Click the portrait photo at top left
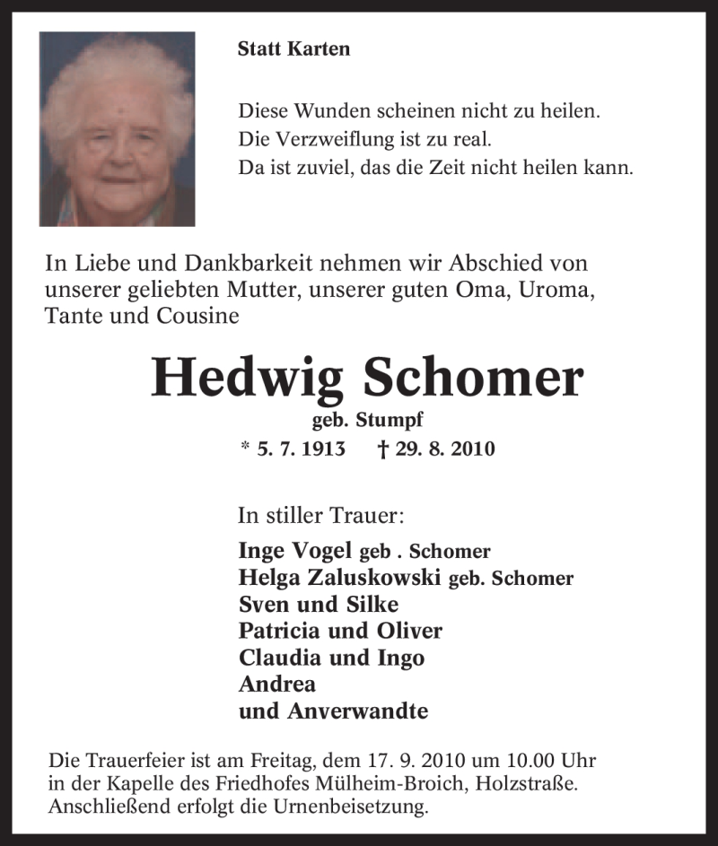click(x=117, y=129)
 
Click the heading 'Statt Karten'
click(x=293, y=49)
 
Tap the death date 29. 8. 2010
click(x=445, y=449)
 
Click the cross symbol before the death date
click(x=383, y=449)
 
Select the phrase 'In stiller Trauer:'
click(x=320, y=516)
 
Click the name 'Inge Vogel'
click(x=296, y=552)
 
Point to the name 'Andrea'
click(x=277, y=684)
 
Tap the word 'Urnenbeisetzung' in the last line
click(x=354, y=806)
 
